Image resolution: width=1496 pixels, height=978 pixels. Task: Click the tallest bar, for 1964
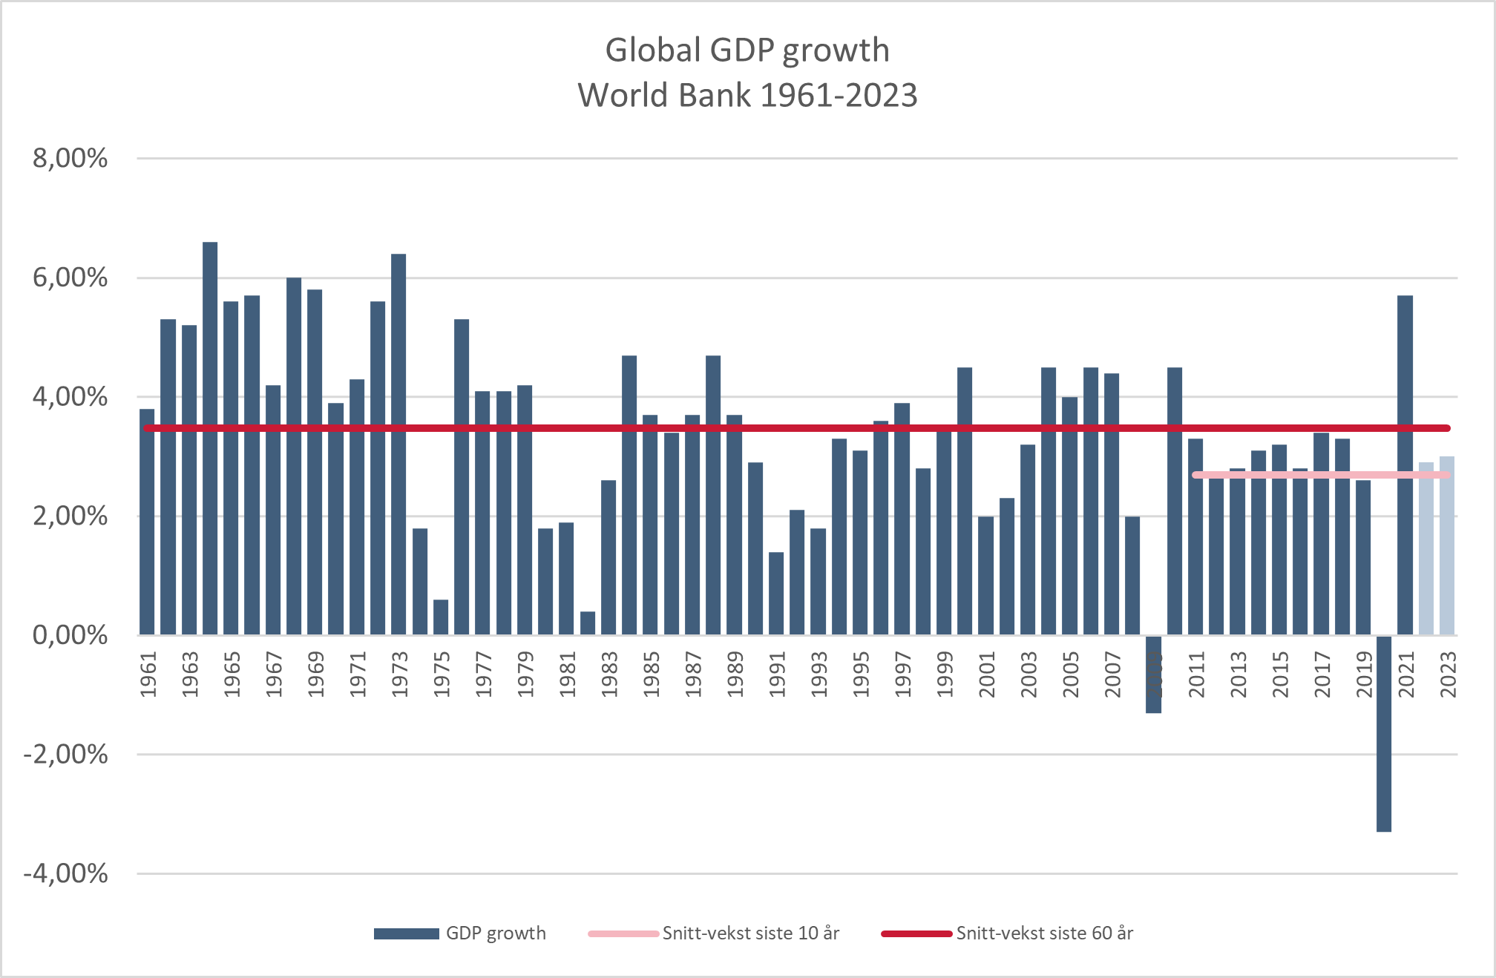tap(210, 438)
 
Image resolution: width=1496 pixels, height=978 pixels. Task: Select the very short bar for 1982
tap(588, 623)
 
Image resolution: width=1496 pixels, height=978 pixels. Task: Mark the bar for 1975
tap(441, 617)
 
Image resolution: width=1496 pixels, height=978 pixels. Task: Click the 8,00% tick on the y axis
tap(70, 158)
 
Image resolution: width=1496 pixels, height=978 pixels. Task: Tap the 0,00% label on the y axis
tap(70, 635)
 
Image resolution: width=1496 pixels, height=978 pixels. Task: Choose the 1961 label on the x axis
tap(149, 675)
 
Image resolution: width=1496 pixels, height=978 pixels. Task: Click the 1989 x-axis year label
tap(735, 675)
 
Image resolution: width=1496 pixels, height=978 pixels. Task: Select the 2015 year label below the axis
tap(1281, 675)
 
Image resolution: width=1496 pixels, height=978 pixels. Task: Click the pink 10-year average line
tap(1321, 475)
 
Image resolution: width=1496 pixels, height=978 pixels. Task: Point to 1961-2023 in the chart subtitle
tap(839, 96)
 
